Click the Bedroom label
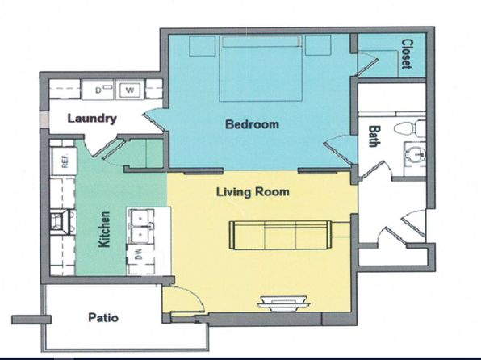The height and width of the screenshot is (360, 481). tap(252, 124)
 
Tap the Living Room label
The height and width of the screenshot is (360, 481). tap(253, 192)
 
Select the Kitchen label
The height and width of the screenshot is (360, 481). tap(104, 229)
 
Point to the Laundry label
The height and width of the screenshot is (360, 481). tap(92, 119)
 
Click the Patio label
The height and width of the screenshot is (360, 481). tap(103, 317)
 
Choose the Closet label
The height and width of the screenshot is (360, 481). tap(407, 54)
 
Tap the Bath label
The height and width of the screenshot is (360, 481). tap(373, 136)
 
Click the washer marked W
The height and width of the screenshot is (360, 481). tap(130, 90)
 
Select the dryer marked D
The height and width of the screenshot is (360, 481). tap(98, 90)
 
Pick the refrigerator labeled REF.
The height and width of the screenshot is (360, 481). tap(64, 161)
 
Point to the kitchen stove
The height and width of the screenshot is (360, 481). tap(63, 223)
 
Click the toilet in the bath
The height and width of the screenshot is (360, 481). tap(410, 128)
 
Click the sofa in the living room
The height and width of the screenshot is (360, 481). tap(281, 235)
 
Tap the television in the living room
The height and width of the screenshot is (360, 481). tap(283, 303)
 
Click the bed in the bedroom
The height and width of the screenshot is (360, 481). tap(261, 68)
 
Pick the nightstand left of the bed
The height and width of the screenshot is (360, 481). tap(202, 46)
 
